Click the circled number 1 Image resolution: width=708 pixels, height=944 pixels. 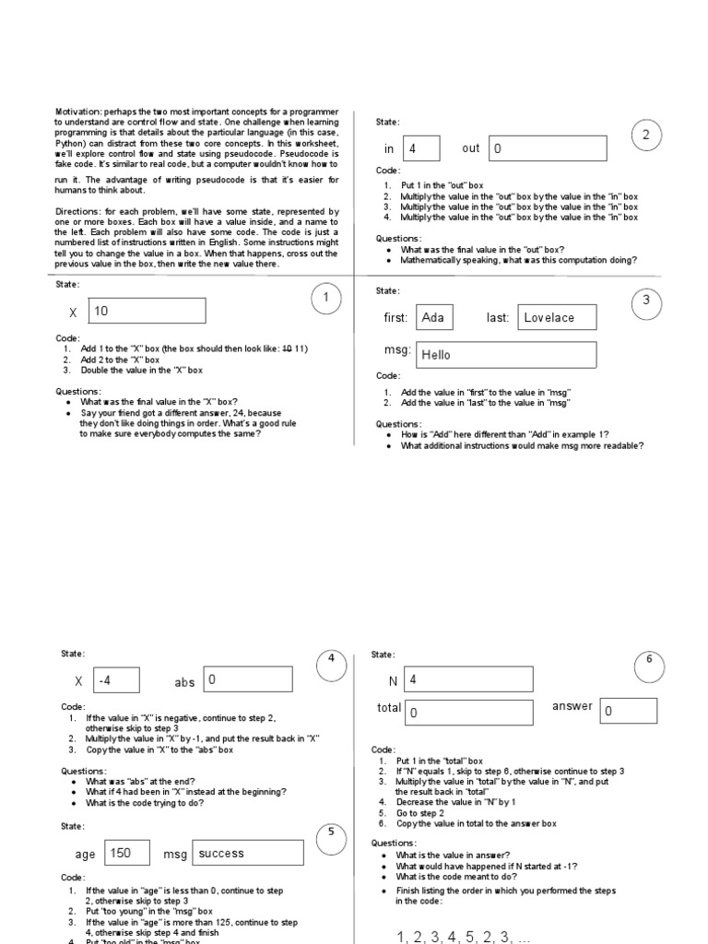tap(325, 297)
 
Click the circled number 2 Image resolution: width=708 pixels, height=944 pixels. tap(646, 136)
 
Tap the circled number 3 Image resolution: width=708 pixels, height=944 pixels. tap(646, 300)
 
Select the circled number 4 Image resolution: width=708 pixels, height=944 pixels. tap(330, 664)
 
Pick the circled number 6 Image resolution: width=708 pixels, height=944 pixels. tap(649, 660)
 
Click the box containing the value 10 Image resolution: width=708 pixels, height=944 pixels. tap(147, 311)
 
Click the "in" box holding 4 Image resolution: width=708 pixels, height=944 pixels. tap(421, 147)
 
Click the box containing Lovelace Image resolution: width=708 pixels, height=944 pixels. tap(557, 317)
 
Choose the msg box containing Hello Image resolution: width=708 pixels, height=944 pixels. tap(506, 355)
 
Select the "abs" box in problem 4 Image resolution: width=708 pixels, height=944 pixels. tap(248, 680)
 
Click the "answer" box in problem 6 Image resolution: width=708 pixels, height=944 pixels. tap(629, 711)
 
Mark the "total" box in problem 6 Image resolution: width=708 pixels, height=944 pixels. tap(469, 713)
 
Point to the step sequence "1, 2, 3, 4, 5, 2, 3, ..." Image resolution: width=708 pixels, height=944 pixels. tap(464, 937)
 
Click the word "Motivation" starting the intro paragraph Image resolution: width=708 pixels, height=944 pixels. tap(77, 112)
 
